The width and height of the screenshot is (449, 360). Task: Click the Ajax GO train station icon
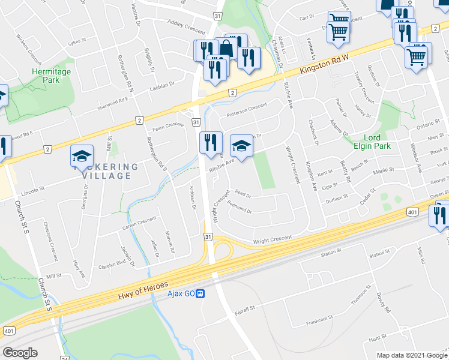[202, 293]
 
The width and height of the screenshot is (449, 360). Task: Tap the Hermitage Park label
[51, 76]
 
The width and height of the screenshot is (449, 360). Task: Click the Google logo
[20, 353]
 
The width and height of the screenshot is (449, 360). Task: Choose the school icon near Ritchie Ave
[241, 146]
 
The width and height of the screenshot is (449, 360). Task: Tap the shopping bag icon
[226, 49]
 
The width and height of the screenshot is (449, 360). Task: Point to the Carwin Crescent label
[139, 222]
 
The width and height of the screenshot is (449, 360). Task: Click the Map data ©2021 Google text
[412, 355]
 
